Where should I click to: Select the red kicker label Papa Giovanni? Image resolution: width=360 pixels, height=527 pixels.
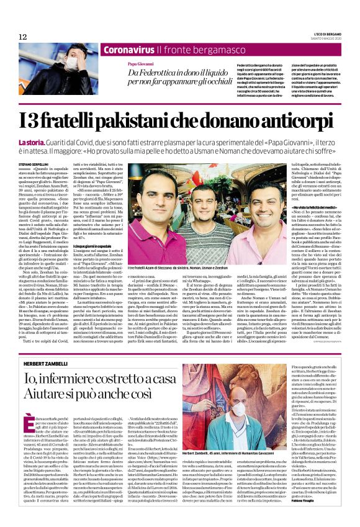(140, 65)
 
